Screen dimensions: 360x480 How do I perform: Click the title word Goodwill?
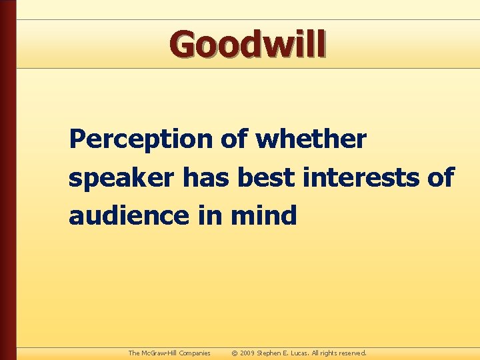coord(248,45)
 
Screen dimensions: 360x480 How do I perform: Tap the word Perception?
coord(140,140)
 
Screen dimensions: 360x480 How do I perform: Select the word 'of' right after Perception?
coord(234,139)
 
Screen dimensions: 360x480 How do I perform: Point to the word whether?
coord(311,139)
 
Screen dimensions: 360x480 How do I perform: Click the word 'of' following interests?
coord(440,177)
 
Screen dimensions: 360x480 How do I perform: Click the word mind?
coord(265,215)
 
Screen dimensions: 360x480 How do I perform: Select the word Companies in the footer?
coord(194,353)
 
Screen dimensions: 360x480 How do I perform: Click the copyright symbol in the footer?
coord(234,353)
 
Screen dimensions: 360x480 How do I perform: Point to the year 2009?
coord(247,353)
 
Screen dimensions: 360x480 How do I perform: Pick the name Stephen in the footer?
coord(270,353)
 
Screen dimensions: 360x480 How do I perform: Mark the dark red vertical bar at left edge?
coord(7,180)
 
